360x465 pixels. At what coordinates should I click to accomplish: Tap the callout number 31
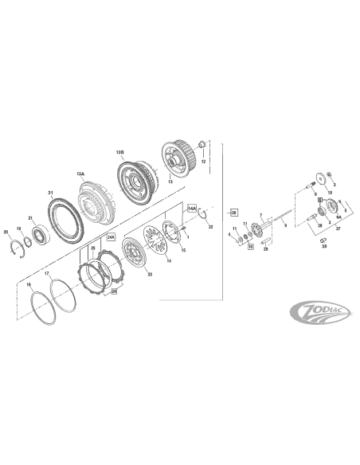point(50,193)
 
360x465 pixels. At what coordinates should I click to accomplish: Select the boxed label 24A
point(112,237)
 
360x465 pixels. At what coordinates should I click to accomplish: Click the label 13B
point(120,151)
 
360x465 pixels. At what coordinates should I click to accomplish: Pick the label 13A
point(80,173)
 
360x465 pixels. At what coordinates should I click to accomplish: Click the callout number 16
point(29,284)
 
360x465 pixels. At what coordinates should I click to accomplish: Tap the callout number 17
point(47,275)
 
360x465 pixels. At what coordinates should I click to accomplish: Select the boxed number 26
point(234,213)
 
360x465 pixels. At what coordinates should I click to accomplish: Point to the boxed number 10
point(249,247)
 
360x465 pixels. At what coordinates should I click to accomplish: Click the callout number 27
point(338,228)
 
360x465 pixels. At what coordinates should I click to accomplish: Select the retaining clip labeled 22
point(203,213)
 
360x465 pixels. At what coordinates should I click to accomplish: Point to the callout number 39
point(324,247)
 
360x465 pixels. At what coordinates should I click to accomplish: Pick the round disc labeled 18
point(323,179)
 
